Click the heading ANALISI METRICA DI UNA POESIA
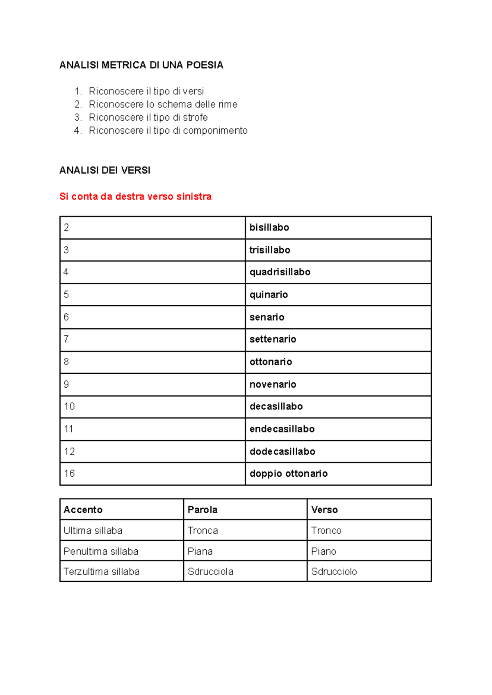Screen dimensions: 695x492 pos(141,65)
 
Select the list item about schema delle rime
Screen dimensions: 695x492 pos(163,104)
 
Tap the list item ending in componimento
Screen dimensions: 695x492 pos(168,130)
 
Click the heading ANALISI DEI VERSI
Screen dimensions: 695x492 pos(105,170)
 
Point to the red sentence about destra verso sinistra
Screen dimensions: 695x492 pos(135,197)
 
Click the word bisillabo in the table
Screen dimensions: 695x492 pos(269,227)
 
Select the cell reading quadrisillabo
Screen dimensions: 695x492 pos(280,272)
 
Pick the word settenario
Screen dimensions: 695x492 pos(273,339)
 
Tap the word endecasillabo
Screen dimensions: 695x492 pos(282,429)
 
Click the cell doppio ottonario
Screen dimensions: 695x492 pos(288,473)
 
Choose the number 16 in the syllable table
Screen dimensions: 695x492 pos(69,473)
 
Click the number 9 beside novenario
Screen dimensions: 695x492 pos(66,384)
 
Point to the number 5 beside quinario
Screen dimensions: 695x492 pos(66,295)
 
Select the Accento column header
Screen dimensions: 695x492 pos(83,510)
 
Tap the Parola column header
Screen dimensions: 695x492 pos(202,510)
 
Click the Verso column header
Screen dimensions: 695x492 pos(324,510)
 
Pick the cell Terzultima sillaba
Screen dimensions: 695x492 pos(101,572)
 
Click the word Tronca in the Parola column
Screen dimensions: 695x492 pos(203,530)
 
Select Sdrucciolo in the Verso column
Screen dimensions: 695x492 pos(334,572)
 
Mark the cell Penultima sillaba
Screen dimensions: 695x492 pos(100,551)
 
